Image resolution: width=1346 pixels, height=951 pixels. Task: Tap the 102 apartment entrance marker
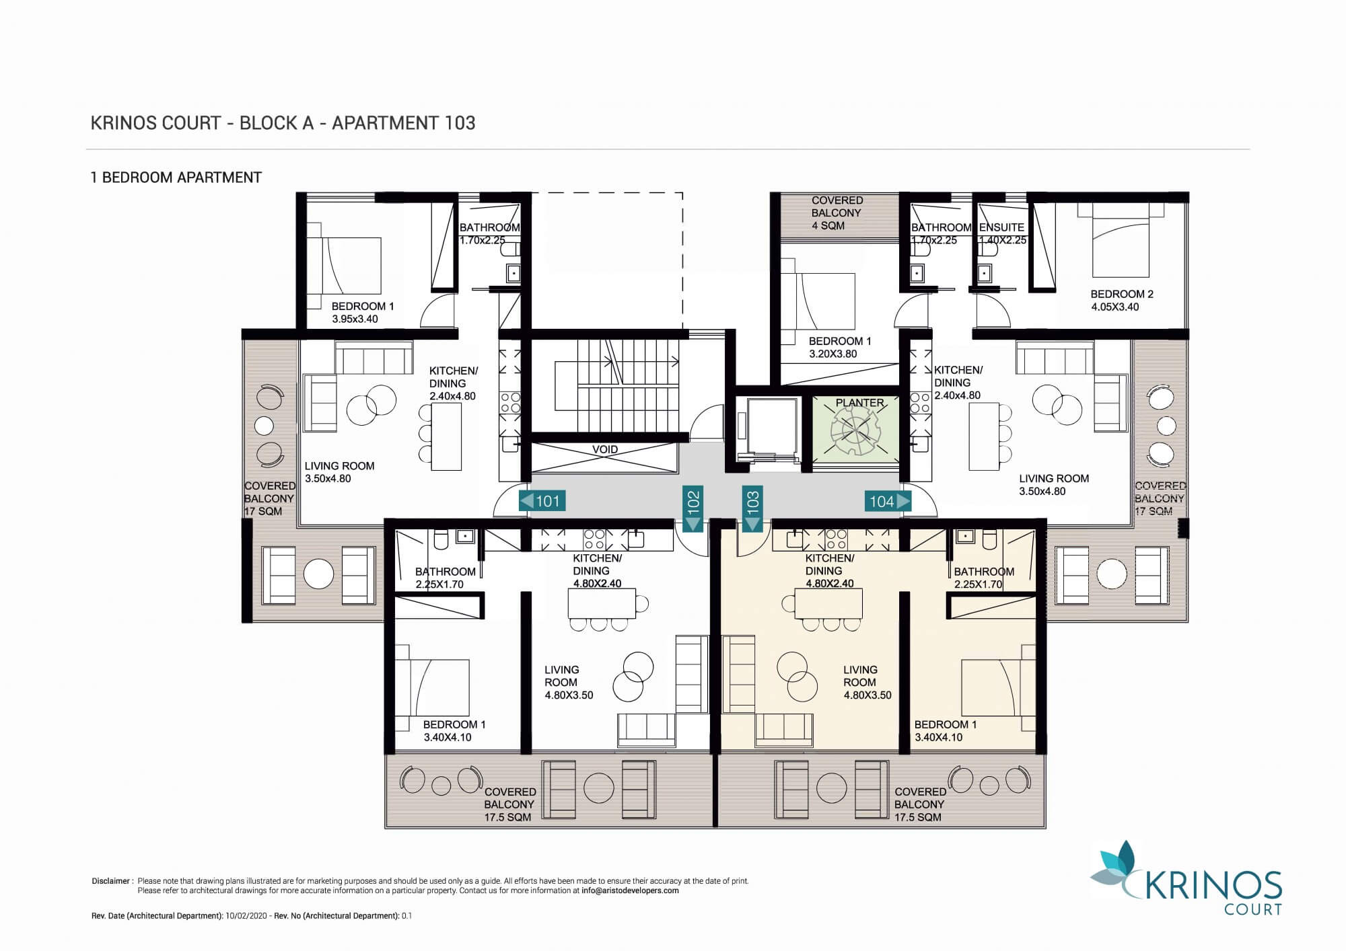[x=693, y=508]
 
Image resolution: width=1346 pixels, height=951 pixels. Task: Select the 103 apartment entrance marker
[x=752, y=508]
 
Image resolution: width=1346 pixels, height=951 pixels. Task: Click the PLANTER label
[x=859, y=403]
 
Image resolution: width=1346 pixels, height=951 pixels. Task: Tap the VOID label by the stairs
[x=604, y=449]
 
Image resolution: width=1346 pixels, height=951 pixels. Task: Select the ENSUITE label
[x=1001, y=227]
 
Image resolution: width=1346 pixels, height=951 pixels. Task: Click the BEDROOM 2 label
[x=1122, y=294]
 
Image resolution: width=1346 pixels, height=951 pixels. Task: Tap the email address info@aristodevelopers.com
[x=630, y=890]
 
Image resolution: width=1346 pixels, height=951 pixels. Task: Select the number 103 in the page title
[x=460, y=123]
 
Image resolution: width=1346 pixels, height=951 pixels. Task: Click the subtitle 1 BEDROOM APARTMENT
[x=176, y=178]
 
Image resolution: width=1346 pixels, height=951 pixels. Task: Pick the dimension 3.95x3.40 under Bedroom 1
[x=355, y=319]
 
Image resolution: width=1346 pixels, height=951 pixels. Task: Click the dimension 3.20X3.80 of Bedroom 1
[x=833, y=354]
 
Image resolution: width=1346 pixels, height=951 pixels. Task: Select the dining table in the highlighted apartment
[x=828, y=603]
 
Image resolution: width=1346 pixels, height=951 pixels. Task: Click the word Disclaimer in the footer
[x=111, y=881]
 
